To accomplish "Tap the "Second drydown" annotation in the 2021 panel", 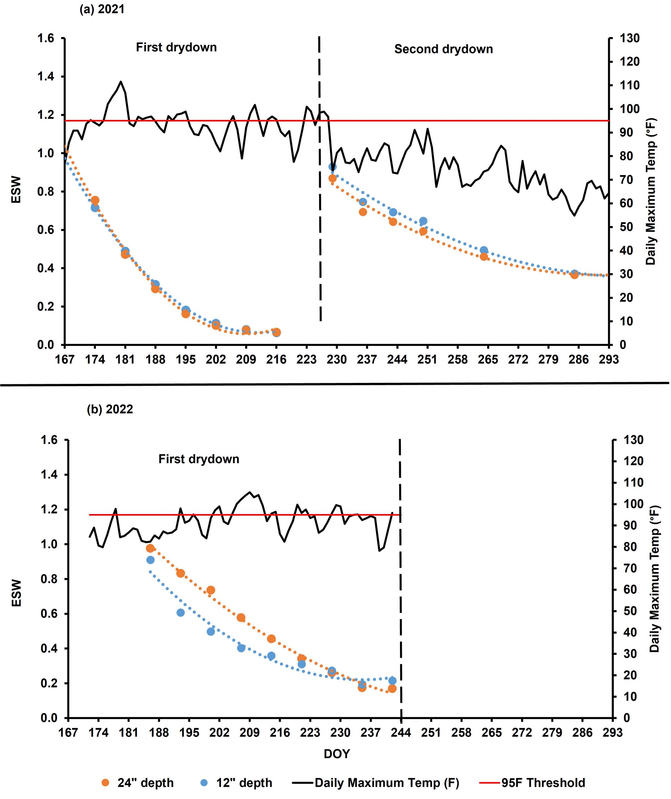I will click(x=443, y=49).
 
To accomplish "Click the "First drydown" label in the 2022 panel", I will click(x=199, y=459).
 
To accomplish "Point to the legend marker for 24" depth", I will click(x=106, y=783).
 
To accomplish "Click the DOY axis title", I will click(x=337, y=754).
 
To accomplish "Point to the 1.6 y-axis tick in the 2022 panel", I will click(x=49, y=440).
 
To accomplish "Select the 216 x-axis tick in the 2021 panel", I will click(x=276, y=360).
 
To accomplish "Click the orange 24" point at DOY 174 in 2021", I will click(x=95, y=200).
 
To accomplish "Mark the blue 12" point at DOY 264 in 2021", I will click(x=484, y=250).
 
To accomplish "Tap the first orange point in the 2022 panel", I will click(x=150, y=548).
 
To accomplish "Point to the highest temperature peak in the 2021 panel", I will click(x=121, y=81).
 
